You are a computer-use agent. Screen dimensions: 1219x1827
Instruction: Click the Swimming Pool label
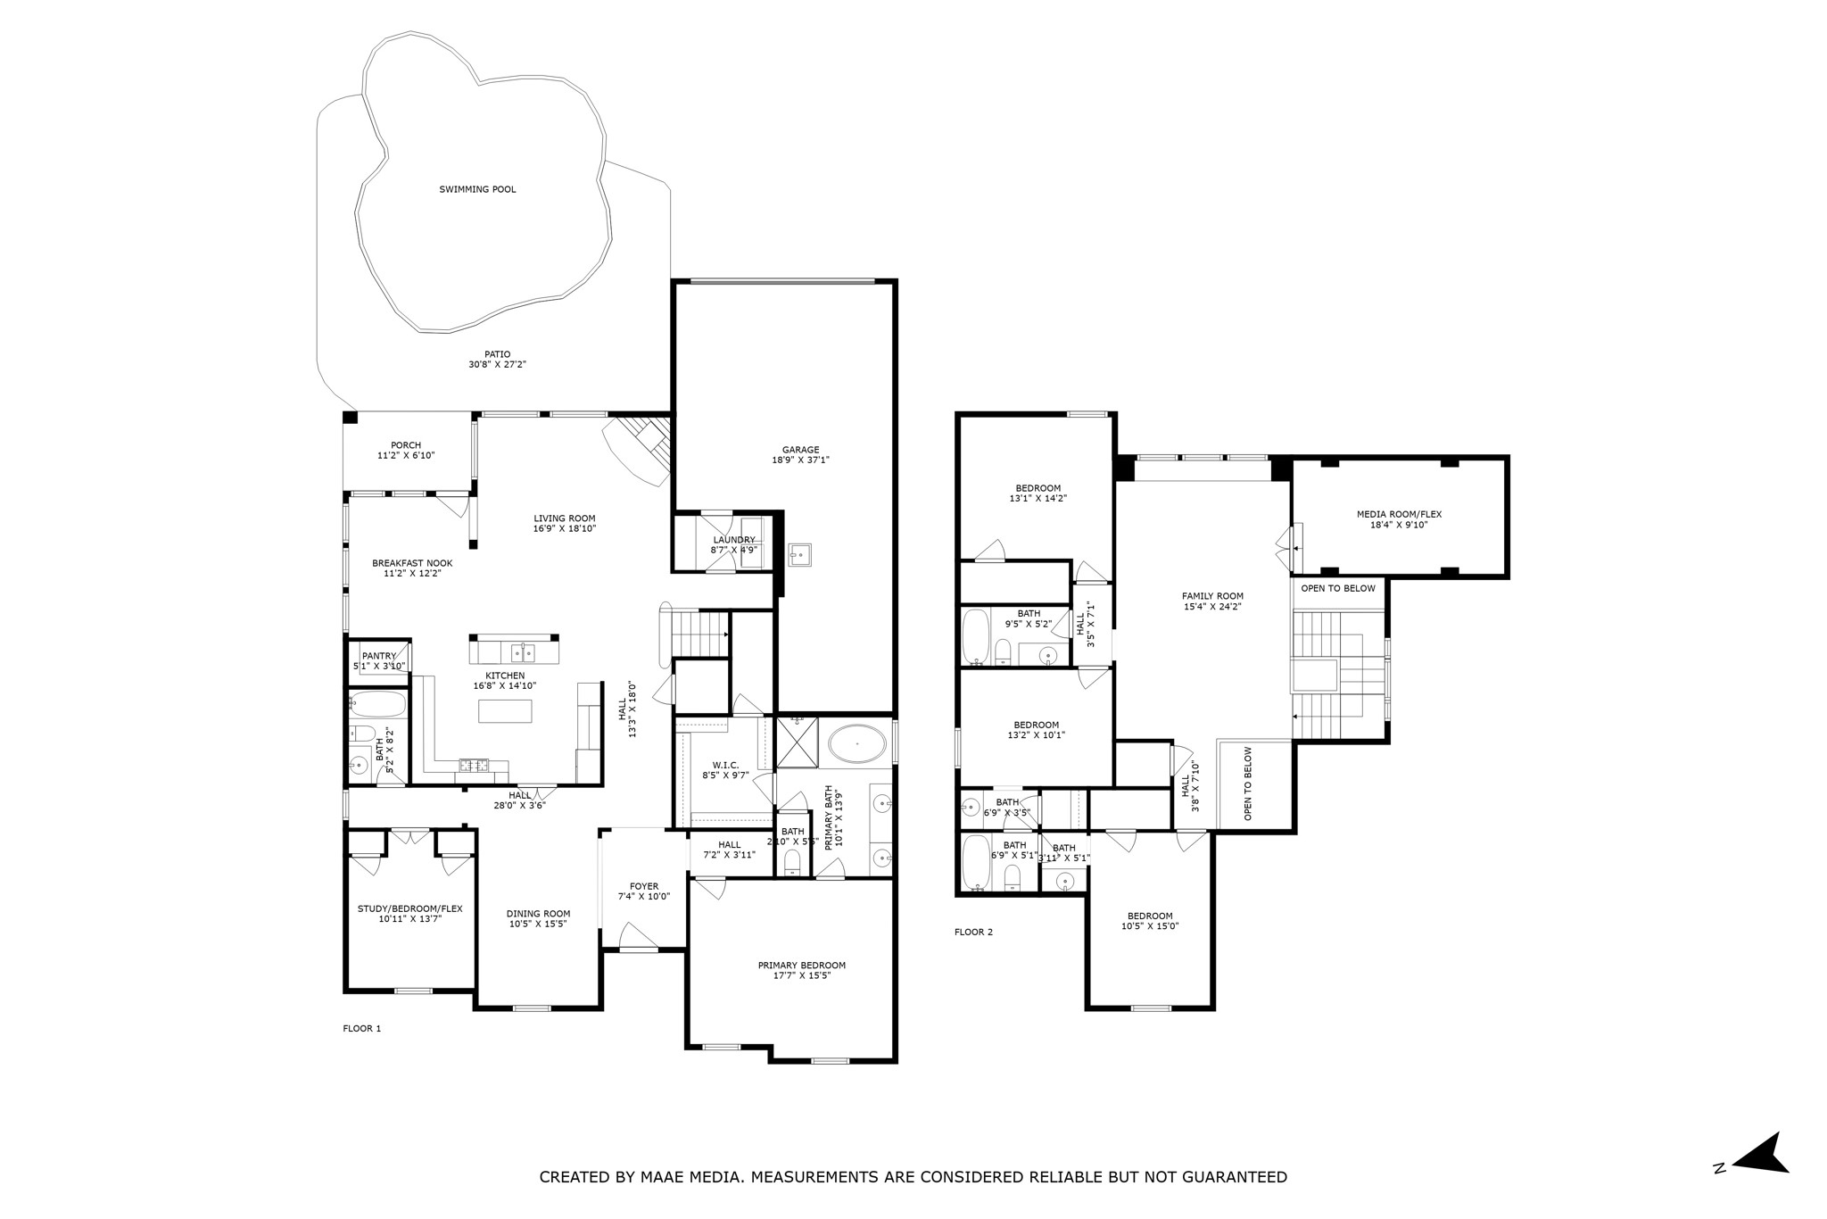[477, 189]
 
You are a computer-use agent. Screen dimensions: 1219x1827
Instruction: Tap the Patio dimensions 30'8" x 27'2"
[497, 365]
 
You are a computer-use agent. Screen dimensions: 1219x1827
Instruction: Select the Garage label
[800, 450]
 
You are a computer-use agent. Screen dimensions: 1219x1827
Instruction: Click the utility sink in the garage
[799, 554]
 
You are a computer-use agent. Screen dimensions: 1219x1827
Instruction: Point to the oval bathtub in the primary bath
[857, 742]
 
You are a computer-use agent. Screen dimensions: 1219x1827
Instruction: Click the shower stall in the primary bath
[798, 742]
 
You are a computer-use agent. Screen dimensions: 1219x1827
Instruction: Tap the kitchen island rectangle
[505, 711]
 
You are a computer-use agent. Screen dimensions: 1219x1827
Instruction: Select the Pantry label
[378, 656]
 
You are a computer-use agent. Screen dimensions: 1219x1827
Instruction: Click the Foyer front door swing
[638, 936]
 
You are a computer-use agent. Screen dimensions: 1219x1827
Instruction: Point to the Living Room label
[564, 518]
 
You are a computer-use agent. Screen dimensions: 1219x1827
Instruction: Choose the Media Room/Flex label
[1399, 514]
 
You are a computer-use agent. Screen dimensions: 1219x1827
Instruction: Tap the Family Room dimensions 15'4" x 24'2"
[1211, 607]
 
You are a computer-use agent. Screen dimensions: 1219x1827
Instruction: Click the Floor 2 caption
[973, 933]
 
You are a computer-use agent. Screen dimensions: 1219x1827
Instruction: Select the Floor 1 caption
[361, 1029]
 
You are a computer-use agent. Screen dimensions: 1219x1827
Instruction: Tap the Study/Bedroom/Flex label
[409, 908]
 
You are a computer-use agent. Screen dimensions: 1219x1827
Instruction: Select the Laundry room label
[733, 540]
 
